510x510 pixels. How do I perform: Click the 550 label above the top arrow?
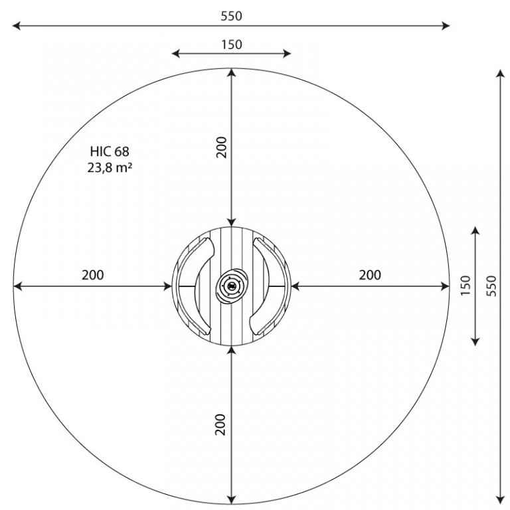(231, 16)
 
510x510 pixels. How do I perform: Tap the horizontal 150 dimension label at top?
(232, 44)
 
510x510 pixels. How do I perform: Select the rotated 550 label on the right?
(492, 286)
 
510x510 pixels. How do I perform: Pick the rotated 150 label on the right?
(466, 286)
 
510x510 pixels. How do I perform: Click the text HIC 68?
(110, 151)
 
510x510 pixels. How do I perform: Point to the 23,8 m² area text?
(110, 167)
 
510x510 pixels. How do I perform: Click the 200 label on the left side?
(93, 275)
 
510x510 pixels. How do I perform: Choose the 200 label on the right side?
(370, 275)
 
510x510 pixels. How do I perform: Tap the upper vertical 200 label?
(221, 147)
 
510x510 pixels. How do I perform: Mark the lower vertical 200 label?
(220, 424)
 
